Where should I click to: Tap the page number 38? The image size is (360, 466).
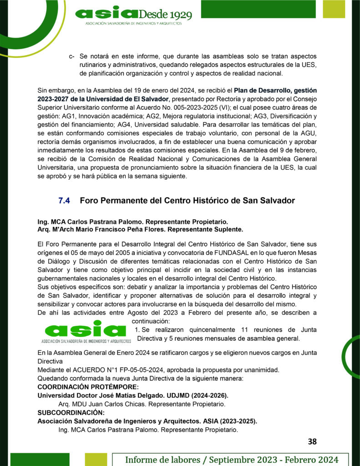point(312,441)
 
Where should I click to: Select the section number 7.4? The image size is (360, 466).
point(64,201)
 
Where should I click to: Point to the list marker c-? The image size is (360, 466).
point(71,57)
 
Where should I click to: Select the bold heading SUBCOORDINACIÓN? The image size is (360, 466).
point(71,413)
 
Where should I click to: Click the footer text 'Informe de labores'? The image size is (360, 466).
point(166,460)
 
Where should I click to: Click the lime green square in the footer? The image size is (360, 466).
point(96,460)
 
